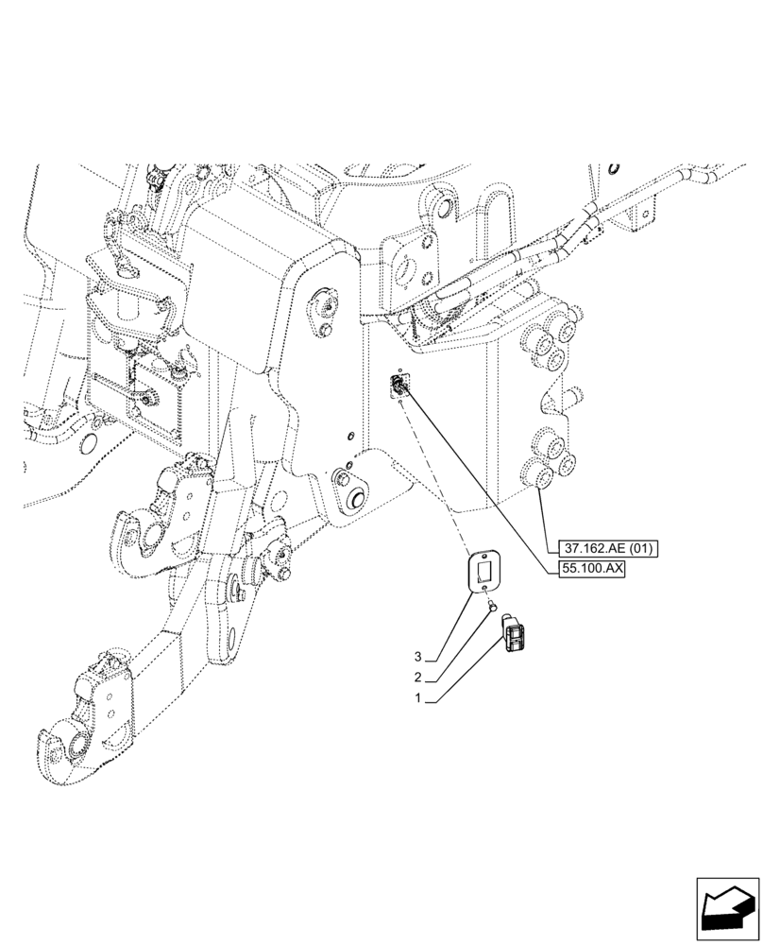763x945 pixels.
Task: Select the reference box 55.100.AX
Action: [594, 571]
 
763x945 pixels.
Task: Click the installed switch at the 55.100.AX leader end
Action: [402, 385]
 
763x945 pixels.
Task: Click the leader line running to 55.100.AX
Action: [482, 478]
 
